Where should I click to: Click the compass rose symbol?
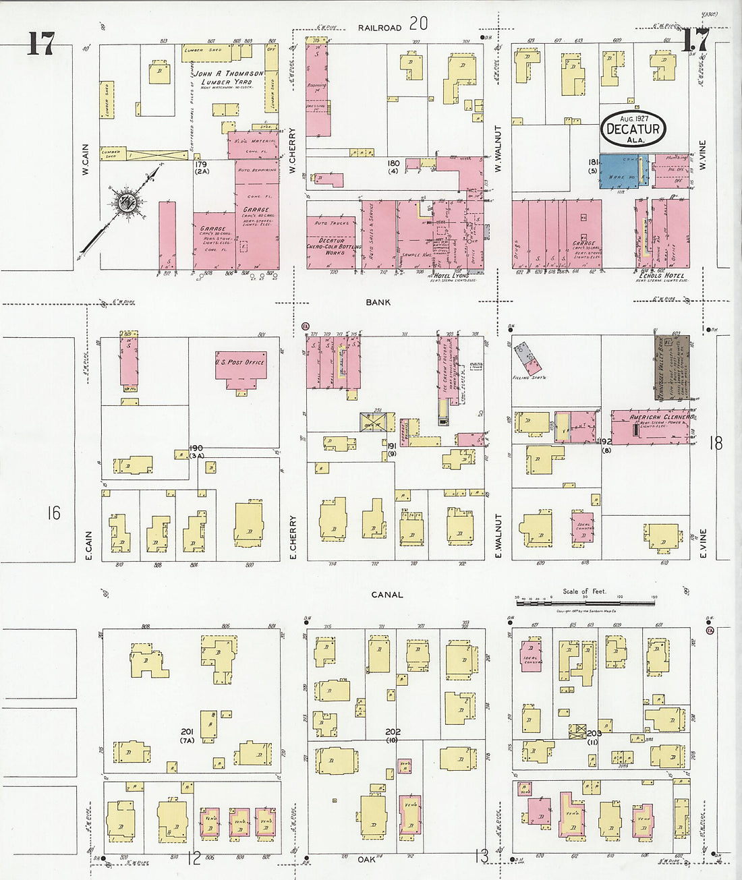coord(125,201)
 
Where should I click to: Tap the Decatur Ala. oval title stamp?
coord(633,127)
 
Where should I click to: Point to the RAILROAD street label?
coord(380,28)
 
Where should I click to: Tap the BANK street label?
coord(378,303)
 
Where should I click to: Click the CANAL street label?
coord(387,595)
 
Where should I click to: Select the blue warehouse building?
coord(623,171)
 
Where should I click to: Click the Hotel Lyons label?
coord(451,276)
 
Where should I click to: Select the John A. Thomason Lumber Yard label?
coord(229,78)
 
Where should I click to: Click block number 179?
coord(200,165)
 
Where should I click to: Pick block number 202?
coord(393,732)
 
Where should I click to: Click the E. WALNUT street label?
coord(499,536)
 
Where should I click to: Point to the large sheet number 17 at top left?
coord(40,44)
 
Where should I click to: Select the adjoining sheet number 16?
coord(53,513)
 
